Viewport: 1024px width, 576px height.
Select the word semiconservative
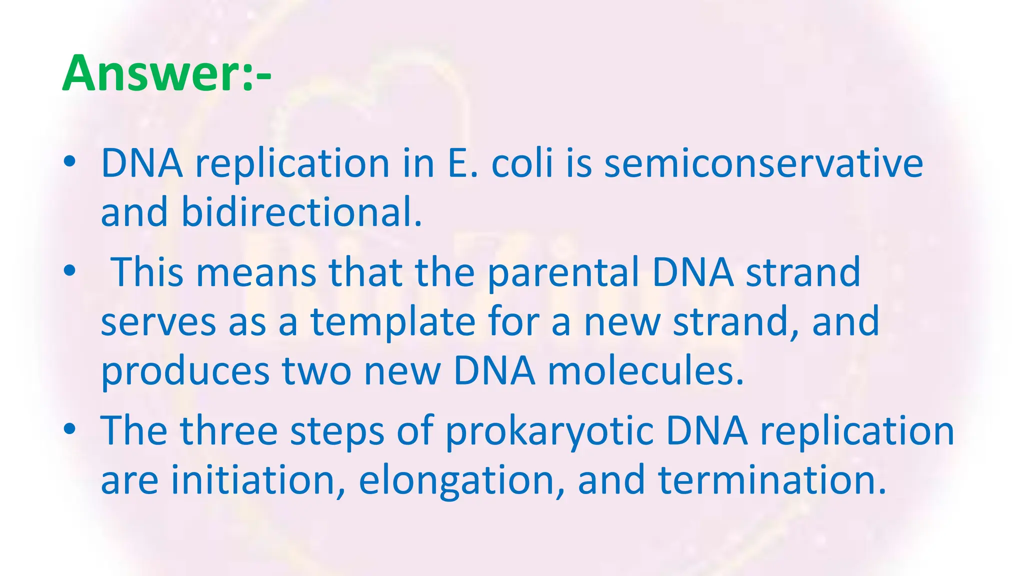pos(763,163)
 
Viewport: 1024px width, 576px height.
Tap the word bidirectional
pos(301,212)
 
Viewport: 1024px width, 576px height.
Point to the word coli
pos(522,163)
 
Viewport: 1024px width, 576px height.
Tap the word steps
pos(337,431)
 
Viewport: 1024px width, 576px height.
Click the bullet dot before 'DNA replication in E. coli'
pos(70,162)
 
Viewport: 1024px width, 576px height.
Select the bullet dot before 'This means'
pos(70,271)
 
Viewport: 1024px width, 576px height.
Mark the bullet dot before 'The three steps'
pos(70,429)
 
